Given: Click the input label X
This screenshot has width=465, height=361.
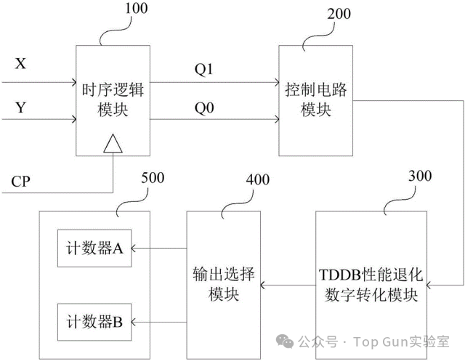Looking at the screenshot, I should [x=20, y=64].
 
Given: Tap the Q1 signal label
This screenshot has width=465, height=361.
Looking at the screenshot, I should [x=203, y=70].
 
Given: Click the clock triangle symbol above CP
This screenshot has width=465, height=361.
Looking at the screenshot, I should [x=113, y=145].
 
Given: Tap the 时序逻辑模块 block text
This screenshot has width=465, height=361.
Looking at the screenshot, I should [x=113, y=100].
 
